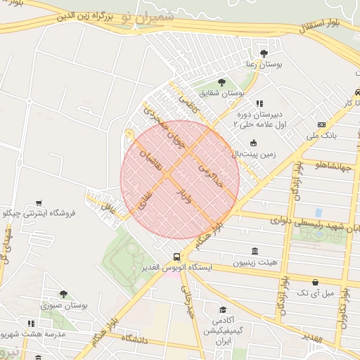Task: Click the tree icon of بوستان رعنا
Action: tap(264, 53)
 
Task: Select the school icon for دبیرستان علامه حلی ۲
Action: tap(259, 103)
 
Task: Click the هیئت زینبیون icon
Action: tap(255, 252)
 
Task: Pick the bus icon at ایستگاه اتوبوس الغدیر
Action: tap(176, 257)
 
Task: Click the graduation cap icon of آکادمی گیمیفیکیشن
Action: tap(223, 310)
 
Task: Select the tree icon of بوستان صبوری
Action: tap(64, 294)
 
